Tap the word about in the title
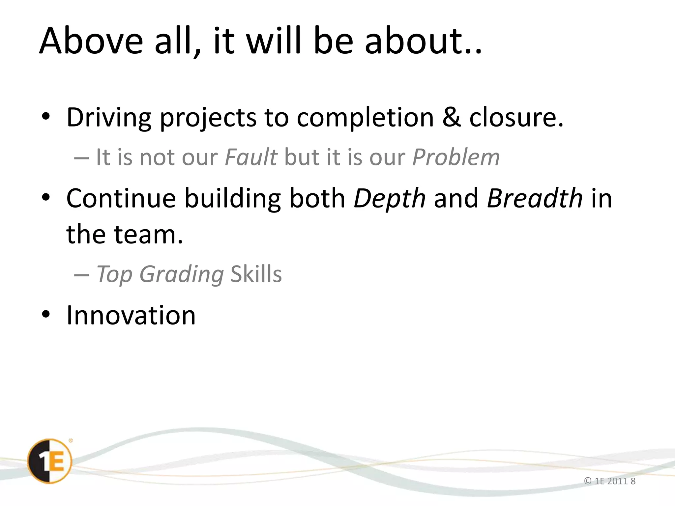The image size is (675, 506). click(x=418, y=41)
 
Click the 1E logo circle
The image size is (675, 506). click(x=49, y=461)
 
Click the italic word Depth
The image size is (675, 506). click(x=390, y=199)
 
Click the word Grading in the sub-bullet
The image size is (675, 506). click(x=182, y=274)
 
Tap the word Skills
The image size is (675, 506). click(x=256, y=274)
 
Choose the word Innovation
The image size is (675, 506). click(x=131, y=315)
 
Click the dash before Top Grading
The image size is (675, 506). click(x=81, y=275)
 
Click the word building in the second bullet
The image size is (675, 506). click(x=232, y=199)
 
